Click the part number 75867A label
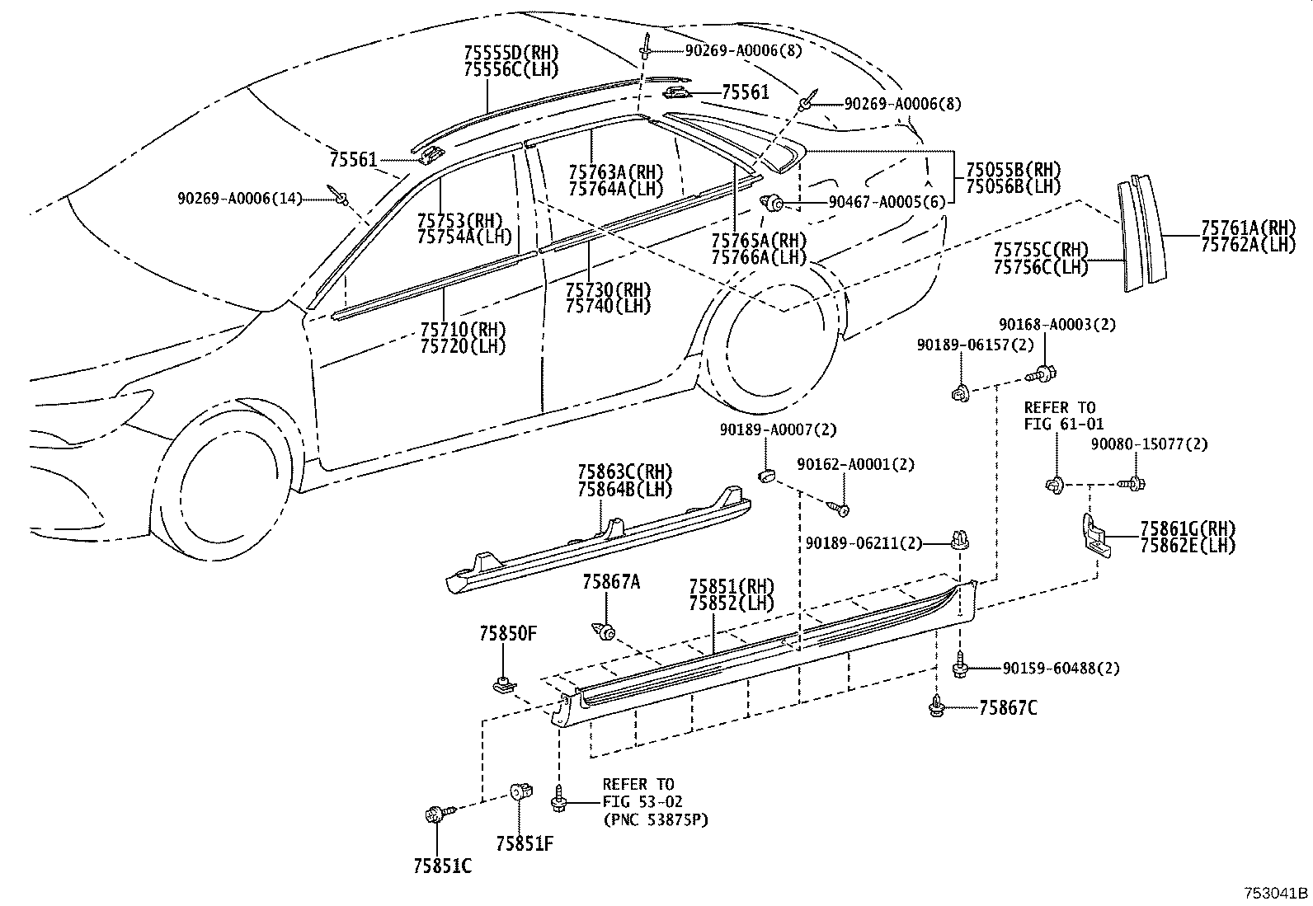click(x=611, y=582)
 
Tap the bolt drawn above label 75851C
click(x=434, y=814)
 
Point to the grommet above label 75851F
click(x=520, y=792)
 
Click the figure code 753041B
click(x=1276, y=893)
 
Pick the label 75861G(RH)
click(x=1188, y=528)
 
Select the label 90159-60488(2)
click(x=1062, y=668)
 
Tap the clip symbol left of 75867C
click(x=938, y=706)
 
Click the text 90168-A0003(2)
click(x=1057, y=325)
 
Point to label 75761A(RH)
click(x=1248, y=228)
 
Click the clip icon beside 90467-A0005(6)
click(x=773, y=202)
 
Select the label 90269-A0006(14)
click(x=239, y=198)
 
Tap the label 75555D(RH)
click(x=511, y=54)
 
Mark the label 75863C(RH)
click(x=624, y=472)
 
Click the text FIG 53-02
click(x=642, y=801)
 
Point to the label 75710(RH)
click(x=463, y=330)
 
